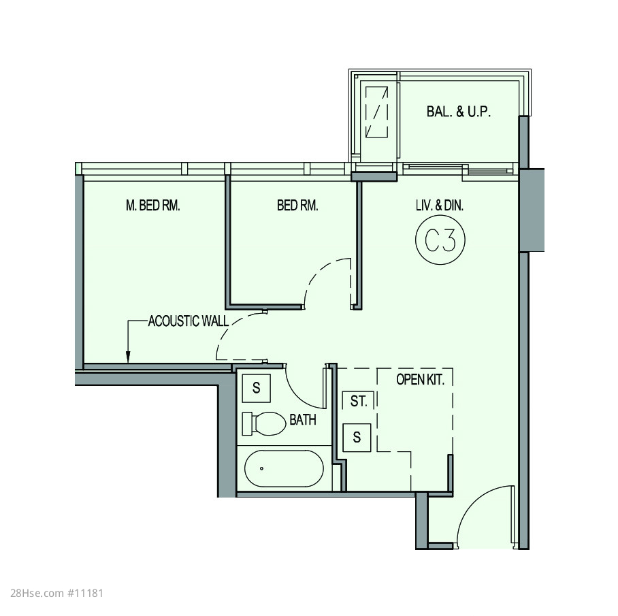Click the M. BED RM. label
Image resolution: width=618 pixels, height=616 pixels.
pyautogui.click(x=153, y=206)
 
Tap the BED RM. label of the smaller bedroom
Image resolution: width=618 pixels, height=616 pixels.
pyautogui.click(x=297, y=206)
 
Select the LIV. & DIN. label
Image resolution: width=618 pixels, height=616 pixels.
pyautogui.click(x=440, y=206)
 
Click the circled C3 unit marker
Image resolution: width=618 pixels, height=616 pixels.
pyautogui.click(x=440, y=240)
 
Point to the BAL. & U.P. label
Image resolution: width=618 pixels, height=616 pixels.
pyautogui.click(x=458, y=112)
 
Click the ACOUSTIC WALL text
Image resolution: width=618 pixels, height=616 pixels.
pyautogui.click(x=189, y=321)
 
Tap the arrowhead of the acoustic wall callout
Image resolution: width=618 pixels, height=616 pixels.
pyautogui.click(x=128, y=357)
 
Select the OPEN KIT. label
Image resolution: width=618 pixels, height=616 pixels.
pyautogui.click(x=420, y=380)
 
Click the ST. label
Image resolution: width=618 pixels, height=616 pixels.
pyautogui.click(x=359, y=401)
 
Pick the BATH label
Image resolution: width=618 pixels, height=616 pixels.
pyautogui.click(x=303, y=420)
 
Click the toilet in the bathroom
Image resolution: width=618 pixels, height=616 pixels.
pyautogui.click(x=263, y=423)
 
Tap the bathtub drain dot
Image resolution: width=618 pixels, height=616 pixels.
pyautogui.click(x=262, y=468)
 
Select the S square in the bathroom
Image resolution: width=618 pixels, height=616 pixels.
pyautogui.click(x=256, y=388)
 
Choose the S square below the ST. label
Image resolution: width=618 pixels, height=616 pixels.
pyautogui.click(x=357, y=438)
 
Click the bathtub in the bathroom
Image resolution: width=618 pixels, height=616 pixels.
pyautogui.click(x=284, y=468)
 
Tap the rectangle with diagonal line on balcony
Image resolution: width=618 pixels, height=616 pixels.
pyautogui.click(x=376, y=112)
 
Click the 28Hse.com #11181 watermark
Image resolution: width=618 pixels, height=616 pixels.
pyautogui.click(x=56, y=593)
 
